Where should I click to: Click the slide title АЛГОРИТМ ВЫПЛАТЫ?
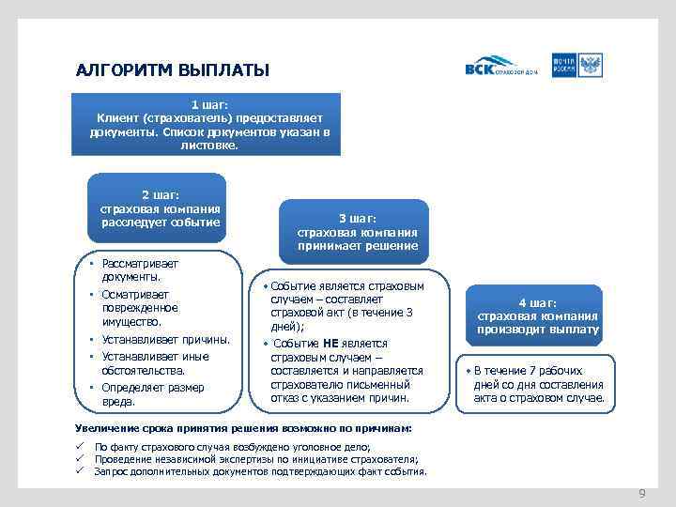click(172, 70)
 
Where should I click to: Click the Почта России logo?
click(577, 66)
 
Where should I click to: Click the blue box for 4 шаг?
click(537, 316)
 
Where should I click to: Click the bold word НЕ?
click(330, 344)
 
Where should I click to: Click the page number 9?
click(642, 493)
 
